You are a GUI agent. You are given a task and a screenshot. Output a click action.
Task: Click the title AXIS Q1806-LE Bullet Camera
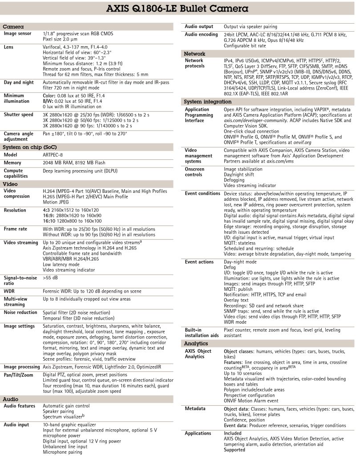coord(180,8)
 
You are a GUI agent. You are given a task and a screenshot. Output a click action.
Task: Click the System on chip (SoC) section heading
coord(30,147)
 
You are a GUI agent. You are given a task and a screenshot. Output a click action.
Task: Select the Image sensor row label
coord(18,33)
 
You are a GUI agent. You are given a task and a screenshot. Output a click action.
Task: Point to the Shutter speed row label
coord(19,114)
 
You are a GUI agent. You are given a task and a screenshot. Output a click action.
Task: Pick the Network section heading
coord(195,53)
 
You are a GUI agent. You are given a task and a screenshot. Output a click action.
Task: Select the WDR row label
coord(10,290)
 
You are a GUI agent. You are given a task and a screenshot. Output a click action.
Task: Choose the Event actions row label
coord(199,262)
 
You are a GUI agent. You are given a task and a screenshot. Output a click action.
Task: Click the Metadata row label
coord(195,408)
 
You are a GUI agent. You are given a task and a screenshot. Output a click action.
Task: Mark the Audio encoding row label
coord(201,34)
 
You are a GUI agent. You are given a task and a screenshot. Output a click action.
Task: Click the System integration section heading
coord(208,102)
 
